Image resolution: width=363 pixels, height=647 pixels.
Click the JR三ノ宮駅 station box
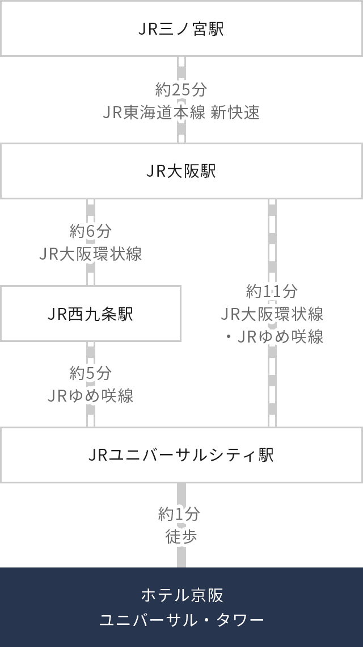pos(181,28)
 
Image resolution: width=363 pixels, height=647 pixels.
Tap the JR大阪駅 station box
pos(181,171)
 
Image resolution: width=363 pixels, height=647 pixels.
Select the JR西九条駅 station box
pos(91,314)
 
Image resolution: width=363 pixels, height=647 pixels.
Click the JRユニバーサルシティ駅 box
pos(181,455)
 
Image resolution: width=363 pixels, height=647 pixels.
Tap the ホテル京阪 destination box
pos(181,595)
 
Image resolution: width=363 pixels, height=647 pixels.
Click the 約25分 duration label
pos(181,89)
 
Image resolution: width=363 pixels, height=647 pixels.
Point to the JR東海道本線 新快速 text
pos(181,112)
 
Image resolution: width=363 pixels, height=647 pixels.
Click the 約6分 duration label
pos(91,231)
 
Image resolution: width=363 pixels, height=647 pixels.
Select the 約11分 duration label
pos(272,291)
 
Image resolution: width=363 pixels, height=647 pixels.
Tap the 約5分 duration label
pos(91,373)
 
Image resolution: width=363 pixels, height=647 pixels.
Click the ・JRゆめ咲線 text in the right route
pos(273,336)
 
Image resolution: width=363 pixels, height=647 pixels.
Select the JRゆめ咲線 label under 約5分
pos(91,395)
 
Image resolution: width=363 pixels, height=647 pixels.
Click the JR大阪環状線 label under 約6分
pos(91,253)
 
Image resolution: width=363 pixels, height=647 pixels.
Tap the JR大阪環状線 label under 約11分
pos(272,314)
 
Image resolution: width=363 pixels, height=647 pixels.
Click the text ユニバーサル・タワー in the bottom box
pos(181,619)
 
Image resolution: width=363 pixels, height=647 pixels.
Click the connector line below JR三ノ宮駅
pos(181,67)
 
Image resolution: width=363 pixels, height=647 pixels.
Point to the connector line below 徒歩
pos(181,557)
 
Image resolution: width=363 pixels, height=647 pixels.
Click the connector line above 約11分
pos(272,239)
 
